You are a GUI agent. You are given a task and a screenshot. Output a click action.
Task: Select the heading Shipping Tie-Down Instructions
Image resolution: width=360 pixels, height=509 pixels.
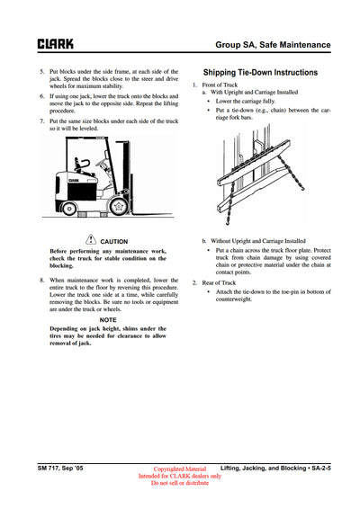[260, 72]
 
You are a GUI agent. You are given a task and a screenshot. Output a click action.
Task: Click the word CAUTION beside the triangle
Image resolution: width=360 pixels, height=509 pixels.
[113, 241]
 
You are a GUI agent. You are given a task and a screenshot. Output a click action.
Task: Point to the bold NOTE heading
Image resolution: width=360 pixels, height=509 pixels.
[108, 319]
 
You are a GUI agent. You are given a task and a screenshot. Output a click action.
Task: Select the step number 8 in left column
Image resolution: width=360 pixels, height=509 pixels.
[41, 280]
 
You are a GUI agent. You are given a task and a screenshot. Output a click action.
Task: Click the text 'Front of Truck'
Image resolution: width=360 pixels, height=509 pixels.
[222, 85]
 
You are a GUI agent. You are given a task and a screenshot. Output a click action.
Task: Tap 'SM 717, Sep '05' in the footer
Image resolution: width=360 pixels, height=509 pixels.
[60, 468]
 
